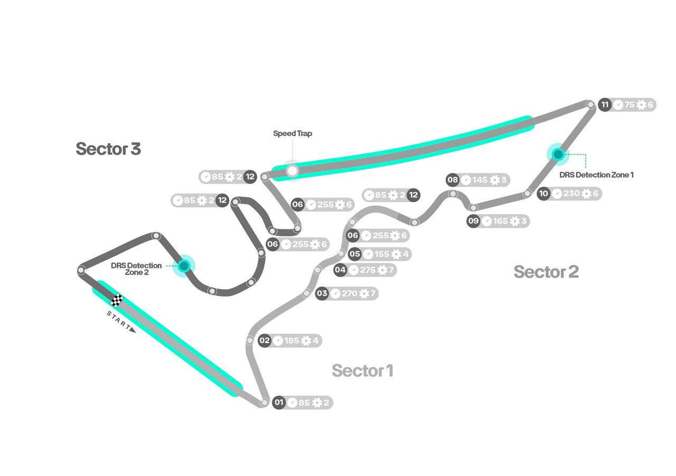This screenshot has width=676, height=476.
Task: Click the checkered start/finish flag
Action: pos(117,300)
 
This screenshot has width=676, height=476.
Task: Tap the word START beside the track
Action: pos(119,321)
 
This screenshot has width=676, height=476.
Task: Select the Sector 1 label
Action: pos(362,371)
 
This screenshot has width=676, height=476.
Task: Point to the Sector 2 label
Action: pos(546,272)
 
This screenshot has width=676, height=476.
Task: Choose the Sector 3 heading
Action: pos(108,149)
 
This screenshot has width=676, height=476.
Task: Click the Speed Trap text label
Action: pos(293,134)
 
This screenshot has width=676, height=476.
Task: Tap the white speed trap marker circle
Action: pos(292,170)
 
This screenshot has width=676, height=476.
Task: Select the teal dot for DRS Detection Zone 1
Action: pos(558,154)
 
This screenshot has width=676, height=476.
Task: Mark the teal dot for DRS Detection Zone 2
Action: pos(184,265)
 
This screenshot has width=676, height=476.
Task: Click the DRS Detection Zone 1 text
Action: pos(596,175)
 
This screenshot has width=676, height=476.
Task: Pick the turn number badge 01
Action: pos(279,403)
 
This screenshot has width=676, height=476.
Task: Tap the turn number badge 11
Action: pos(605,104)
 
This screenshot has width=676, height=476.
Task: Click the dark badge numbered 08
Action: pos(453,180)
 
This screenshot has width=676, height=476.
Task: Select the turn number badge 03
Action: pos(322,293)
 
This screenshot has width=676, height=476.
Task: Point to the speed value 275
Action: pos(368,270)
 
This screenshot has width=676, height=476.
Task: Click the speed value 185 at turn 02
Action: pos(292,341)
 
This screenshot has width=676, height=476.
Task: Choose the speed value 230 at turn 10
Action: pos(571,194)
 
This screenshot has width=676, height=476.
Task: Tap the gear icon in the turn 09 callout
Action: pos(515,221)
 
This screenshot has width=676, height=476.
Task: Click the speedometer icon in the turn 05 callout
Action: pos(368,254)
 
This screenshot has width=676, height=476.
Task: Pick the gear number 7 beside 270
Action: pos(372,293)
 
